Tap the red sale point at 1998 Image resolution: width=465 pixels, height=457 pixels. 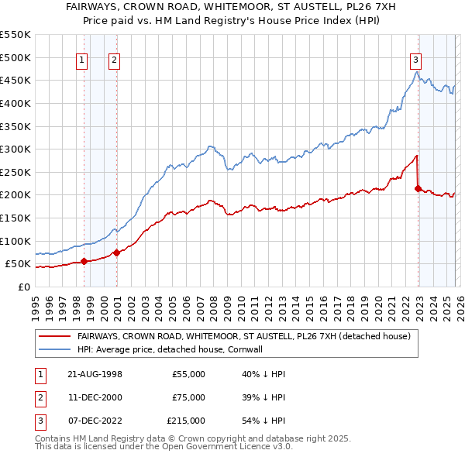84,261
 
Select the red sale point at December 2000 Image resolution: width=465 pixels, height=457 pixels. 116,252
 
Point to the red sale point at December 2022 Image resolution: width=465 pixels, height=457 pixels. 418,187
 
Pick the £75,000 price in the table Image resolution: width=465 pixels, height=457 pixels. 188,397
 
